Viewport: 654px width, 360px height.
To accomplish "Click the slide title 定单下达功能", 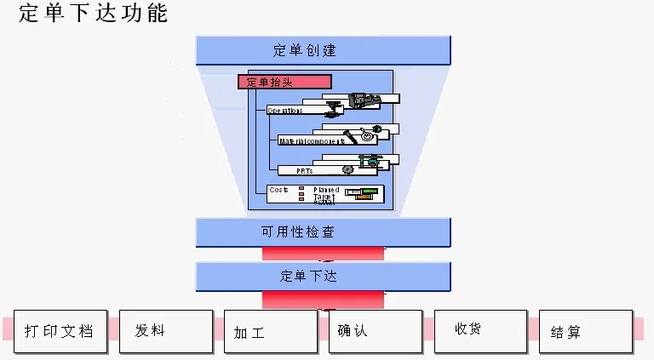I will pyautogui.click(x=93, y=13).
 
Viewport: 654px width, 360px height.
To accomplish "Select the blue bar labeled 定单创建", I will pyautogui.click(x=323, y=50).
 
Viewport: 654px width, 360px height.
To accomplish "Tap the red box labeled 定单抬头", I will pyautogui.click(x=284, y=82).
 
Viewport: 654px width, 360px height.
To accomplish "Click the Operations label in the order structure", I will pyautogui.click(x=285, y=111).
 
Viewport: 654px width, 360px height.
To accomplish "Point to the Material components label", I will pyautogui.click(x=312, y=140).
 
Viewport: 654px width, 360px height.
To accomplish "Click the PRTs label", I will pyautogui.click(x=304, y=170).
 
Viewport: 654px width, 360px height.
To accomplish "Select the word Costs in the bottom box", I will pyautogui.click(x=278, y=190).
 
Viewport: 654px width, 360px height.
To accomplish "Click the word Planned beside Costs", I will pyautogui.click(x=326, y=190).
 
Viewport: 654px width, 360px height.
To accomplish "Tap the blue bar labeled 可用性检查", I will pyautogui.click(x=323, y=232).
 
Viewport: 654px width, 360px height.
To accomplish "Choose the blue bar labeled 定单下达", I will pyautogui.click(x=323, y=277).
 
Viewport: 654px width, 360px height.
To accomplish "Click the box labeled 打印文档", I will pyautogui.click(x=60, y=331).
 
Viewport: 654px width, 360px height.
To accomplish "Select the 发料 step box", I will pyautogui.click(x=165, y=331).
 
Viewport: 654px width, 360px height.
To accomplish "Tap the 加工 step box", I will pyautogui.click(x=270, y=332).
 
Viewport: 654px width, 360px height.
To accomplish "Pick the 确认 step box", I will pyautogui.click(x=375, y=331).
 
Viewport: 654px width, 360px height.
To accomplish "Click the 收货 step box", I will pyautogui.click(x=480, y=330).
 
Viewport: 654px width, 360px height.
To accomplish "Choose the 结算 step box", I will pyautogui.click(x=585, y=332).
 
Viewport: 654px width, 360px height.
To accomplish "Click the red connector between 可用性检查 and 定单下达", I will pyautogui.click(x=323, y=254).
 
